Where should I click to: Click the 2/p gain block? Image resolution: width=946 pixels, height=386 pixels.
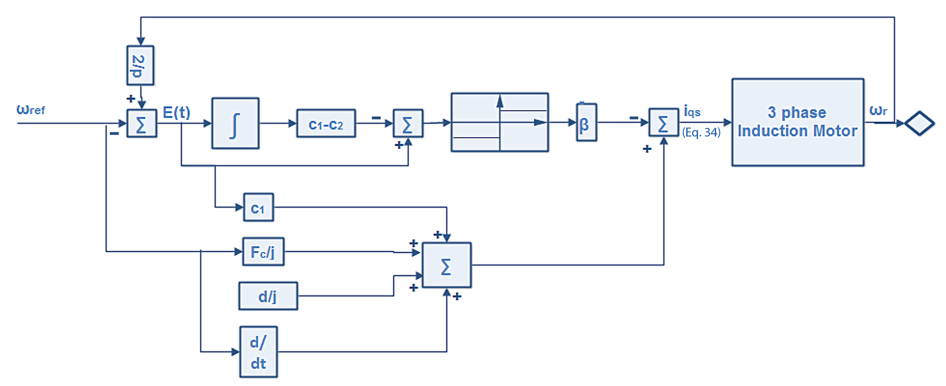(140, 65)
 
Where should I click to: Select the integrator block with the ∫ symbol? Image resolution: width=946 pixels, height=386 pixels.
(235, 123)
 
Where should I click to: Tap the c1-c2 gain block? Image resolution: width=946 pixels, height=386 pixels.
(326, 123)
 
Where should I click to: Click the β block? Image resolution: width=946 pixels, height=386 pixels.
(586, 123)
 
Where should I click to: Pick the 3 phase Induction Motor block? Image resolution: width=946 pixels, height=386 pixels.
(797, 122)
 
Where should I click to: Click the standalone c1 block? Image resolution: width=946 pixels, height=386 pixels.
(258, 208)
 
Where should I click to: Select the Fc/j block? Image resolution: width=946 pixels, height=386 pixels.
(263, 252)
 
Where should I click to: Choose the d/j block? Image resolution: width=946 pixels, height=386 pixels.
(268, 296)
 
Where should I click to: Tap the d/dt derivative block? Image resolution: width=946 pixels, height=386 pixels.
(258, 352)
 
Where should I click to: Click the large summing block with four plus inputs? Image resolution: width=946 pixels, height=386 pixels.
(446, 265)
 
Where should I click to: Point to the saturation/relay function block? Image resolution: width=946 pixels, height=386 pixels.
(500, 122)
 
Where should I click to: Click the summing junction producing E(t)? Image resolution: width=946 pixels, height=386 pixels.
(141, 123)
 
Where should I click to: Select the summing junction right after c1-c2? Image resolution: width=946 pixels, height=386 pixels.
(408, 123)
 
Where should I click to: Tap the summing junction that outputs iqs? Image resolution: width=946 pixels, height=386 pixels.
(663, 122)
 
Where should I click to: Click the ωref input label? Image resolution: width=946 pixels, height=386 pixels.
(30, 110)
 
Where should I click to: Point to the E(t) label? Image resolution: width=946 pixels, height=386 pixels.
(176, 112)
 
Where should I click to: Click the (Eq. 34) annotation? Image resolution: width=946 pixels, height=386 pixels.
(701, 132)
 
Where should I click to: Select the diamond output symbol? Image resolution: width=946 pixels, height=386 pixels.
(919, 123)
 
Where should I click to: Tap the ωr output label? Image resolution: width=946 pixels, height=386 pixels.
(878, 110)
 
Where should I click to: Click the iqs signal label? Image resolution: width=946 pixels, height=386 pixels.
(692, 110)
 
